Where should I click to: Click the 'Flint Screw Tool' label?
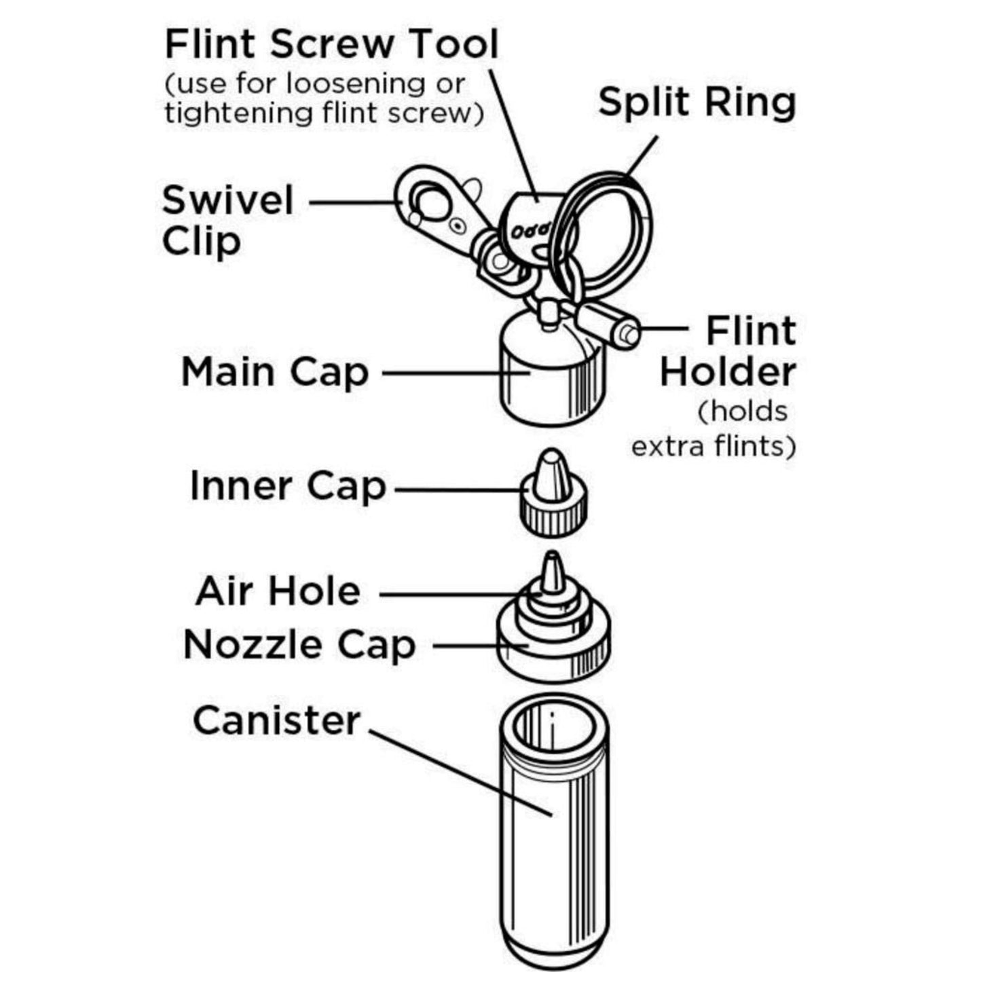point(331,45)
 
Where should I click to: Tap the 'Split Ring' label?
point(697,103)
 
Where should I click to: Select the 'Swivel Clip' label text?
point(227,221)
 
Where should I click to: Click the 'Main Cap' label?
point(275,373)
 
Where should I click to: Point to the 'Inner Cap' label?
point(288,487)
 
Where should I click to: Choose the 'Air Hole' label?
point(278,591)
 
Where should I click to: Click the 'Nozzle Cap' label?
point(299,644)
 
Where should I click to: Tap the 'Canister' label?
point(276,720)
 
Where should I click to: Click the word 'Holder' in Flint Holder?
point(728,372)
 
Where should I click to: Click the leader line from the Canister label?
point(462,773)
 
